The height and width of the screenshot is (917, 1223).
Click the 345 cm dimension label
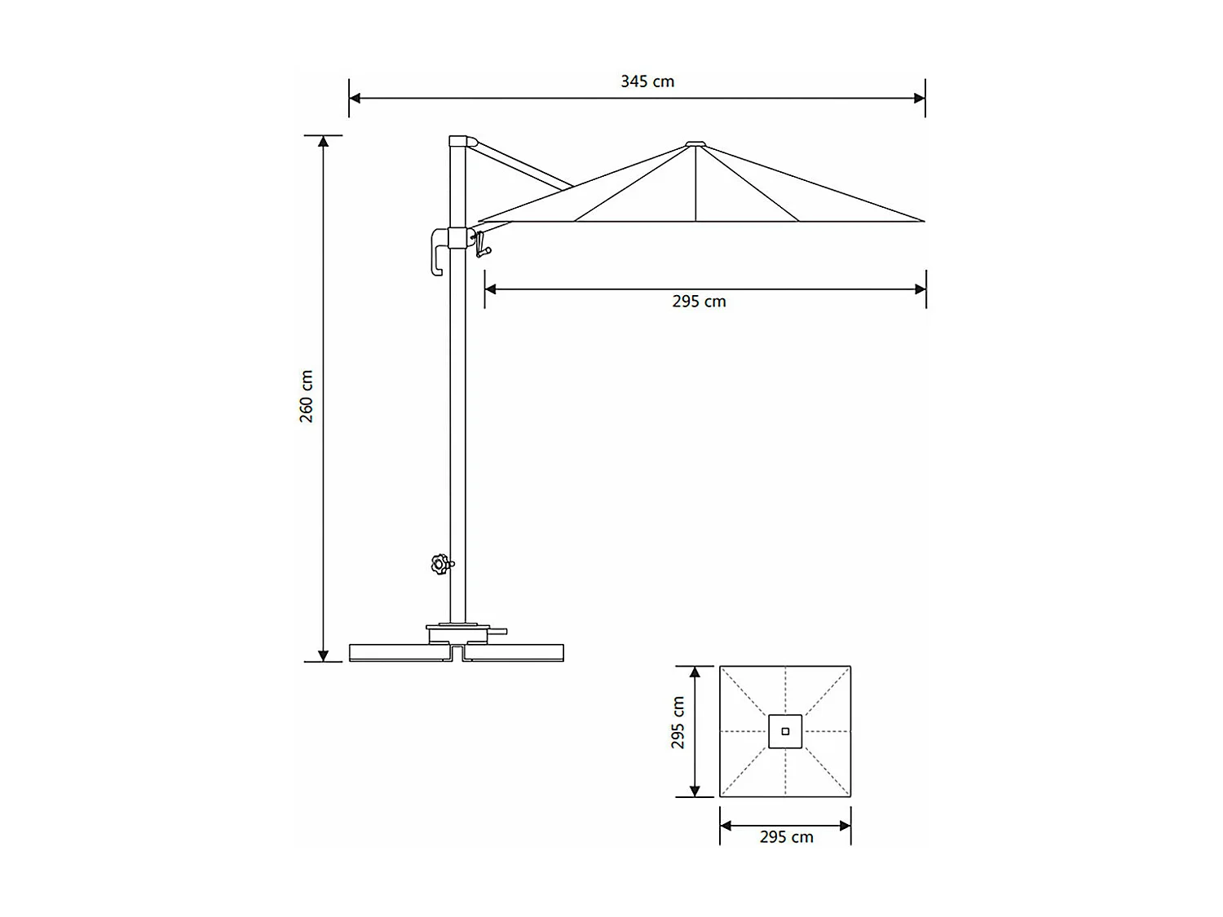pos(647,82)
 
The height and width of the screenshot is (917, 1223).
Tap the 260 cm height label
pos(307,396)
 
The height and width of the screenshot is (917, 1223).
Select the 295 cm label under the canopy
pos(699,302)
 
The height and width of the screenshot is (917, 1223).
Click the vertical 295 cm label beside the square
pos(678,722)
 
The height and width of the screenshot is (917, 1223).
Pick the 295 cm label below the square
pos(786,837)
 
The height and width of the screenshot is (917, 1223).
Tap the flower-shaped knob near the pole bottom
pos(441,564)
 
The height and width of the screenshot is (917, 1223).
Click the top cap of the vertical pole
pos(460,141)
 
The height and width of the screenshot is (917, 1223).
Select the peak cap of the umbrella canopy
pos(695,145)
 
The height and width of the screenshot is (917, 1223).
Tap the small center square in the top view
pos(785,731)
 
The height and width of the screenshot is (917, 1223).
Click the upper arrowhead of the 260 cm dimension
pos(324,141)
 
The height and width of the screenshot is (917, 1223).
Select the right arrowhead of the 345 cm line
pos(920,99)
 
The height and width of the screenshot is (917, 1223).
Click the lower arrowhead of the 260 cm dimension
pos(324,655)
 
